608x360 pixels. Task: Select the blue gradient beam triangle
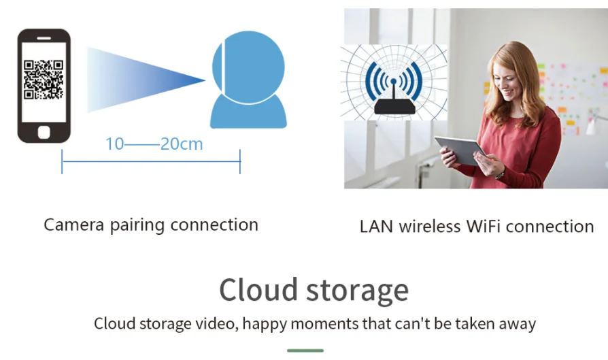[136, 80]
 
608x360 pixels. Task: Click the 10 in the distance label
[114, 144]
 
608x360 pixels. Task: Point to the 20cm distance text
[182, 144]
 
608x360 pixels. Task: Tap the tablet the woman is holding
[460, 150]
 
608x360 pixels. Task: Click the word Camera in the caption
[74, 225]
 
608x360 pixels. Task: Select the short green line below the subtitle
[304, 350]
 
